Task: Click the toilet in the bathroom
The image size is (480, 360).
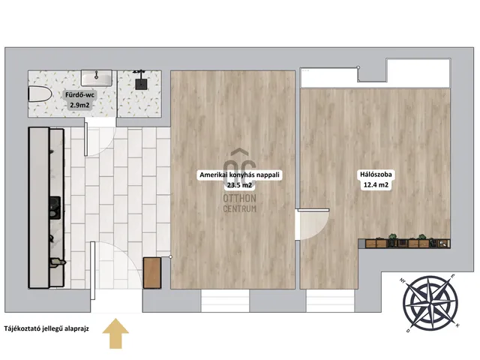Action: click(x=40, y=94)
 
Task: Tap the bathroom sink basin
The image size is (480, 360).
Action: click(x=97, y=77)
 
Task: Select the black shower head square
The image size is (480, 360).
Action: click(x=142, y=82)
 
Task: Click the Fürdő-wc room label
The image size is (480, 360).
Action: click(x=80, y=95)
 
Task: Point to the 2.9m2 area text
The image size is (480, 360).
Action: click(x=80, y=105)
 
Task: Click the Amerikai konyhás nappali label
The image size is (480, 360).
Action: click(x=239, y=175)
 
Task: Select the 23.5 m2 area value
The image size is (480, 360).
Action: click(x=239, y=185)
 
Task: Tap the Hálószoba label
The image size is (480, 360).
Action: click(x=376, y=175)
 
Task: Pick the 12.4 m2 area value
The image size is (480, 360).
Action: click(x=376, y=185)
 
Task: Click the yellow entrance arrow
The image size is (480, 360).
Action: click(x=115, y=333)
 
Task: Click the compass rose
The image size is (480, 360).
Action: click(x=430, y=303)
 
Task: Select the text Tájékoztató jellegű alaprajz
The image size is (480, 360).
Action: click(x=46, y=328)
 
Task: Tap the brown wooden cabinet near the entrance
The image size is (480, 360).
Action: click(x=152, y=273)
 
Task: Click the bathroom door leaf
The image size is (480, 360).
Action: click(x=86, y=139)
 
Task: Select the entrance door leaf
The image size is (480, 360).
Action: click(x=92, y=271)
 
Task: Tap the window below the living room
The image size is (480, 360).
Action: click(x=225, y=301)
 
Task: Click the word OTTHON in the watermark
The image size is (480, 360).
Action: click(x=239, y=198)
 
